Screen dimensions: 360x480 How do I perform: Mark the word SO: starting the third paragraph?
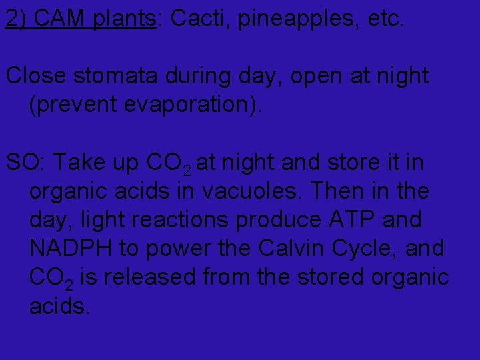pyautogui.click(x=26, y=162)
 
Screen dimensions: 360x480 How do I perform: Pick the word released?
pyautogui.click(x=149, y=277)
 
